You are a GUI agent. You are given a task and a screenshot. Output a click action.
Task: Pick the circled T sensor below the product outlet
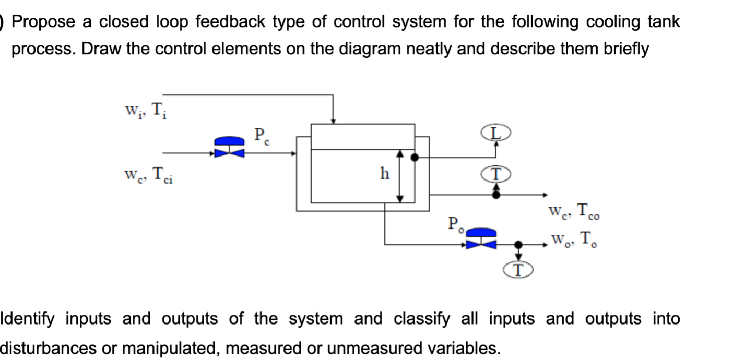tap(518, 270)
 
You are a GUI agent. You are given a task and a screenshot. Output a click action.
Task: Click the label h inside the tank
tap(384, 174)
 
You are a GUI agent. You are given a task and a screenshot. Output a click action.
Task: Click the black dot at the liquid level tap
tap(415, 157)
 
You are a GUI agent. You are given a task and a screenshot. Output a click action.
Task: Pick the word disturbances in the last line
tap(47, 347)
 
